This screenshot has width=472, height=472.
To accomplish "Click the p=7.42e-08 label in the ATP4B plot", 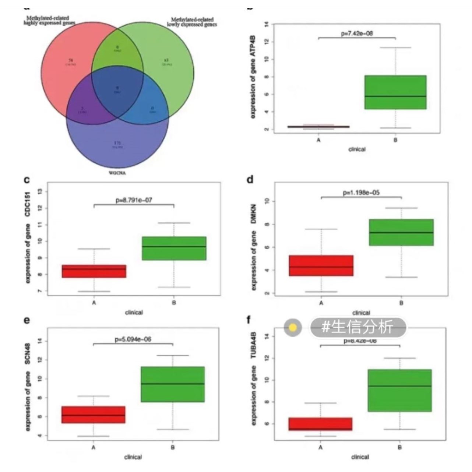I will click(357, 34).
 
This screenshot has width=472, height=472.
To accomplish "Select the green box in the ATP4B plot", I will click(395, 92).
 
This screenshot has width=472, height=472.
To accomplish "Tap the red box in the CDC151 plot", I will click(94, 271).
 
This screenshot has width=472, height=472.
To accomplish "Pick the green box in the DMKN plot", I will click(401, 232).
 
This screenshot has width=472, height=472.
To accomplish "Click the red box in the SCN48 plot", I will click(93, 415).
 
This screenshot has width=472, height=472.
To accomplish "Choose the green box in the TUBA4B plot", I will click(399, 390).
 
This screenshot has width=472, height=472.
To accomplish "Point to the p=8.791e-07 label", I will click(134, 200).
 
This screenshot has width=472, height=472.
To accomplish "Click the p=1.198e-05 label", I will click(361, 193).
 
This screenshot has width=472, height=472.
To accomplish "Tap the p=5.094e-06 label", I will click(133, 339).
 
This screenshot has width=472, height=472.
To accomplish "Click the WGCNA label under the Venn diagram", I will click(117, 173).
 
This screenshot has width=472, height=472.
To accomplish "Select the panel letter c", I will click(27, 180).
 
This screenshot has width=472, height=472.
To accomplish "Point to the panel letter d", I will click(250, 180).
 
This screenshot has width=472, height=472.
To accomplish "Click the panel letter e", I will click(27, 320).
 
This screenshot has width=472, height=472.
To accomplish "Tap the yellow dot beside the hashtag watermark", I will click(293, 327).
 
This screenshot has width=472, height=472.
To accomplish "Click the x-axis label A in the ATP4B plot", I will click(318, 140).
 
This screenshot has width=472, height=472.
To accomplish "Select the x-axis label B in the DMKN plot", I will click(401, 303).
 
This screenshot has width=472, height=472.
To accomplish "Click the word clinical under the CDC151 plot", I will click(134, 312).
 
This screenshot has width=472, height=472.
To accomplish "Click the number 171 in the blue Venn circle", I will click(117, 142).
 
